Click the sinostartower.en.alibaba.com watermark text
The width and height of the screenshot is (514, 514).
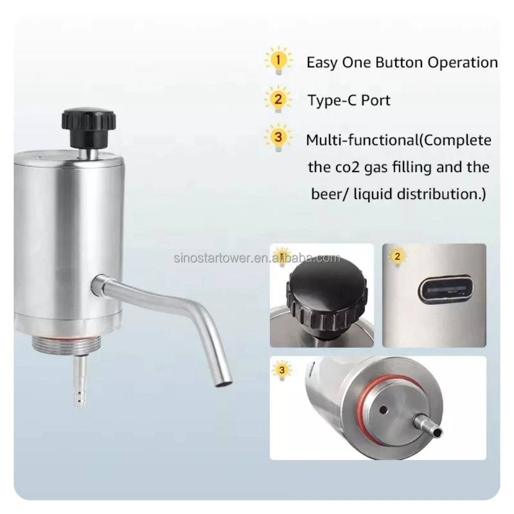[257, 258]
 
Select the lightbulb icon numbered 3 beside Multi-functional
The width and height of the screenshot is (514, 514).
[278, 138]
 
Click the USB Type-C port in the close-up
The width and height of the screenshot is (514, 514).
[445, 290]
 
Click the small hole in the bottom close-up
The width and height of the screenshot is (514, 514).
[383, 410]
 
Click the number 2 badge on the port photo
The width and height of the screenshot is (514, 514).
[397, 256]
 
